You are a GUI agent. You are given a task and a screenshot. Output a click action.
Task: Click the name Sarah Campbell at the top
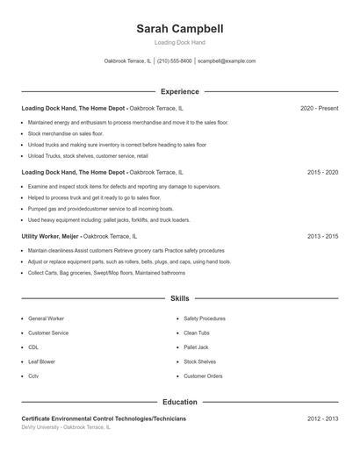pos(180,29)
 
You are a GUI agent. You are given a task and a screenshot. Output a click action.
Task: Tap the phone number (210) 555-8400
pos(174,61)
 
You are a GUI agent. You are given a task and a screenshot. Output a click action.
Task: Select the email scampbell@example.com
pos(227,61)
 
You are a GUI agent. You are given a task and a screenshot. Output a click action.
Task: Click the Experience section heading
pos(180,91)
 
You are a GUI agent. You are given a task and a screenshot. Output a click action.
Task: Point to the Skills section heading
pos(180,299)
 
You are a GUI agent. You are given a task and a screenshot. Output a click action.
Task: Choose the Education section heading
pos(180,402)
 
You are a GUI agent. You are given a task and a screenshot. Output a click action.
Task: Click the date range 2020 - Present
pos(319,108)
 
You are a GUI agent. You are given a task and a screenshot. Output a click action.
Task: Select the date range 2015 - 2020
pos(322,173)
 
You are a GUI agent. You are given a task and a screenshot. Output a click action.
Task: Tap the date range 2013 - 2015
pos(322,236)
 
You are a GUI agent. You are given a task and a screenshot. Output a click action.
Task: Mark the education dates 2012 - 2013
pos(322,419)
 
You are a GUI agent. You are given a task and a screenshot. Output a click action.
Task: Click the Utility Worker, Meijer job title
pos(51,236)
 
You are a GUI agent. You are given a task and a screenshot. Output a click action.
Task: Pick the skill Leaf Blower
pos(41,361)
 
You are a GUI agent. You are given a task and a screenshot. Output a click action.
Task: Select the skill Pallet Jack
pos(196,347)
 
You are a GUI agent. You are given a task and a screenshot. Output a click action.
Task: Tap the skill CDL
pos(33,347)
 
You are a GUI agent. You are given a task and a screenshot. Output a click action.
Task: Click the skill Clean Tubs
pos(197,333)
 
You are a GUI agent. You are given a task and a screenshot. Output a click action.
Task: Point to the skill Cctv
pos(33,376)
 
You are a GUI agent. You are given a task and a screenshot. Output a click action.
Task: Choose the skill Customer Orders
pos(202,376)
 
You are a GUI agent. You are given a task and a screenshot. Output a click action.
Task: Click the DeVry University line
pos(66,427)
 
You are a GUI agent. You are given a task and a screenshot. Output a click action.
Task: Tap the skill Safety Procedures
pos(204,318)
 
